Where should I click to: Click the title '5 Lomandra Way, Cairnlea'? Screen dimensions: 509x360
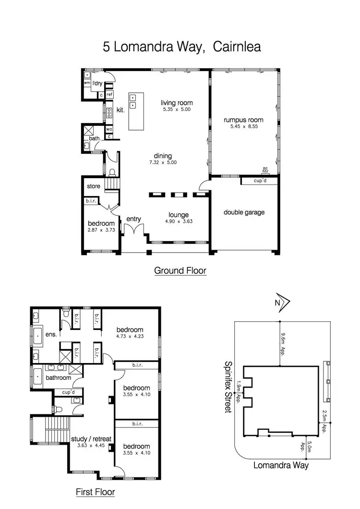(181, 47)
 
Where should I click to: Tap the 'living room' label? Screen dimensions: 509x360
(177, 103)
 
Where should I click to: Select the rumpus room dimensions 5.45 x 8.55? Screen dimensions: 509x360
(244, 127)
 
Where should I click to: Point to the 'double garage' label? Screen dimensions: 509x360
(244, 212)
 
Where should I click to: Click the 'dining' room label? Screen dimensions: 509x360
(163, 156)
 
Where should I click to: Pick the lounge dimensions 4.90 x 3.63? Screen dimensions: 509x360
(178, 222)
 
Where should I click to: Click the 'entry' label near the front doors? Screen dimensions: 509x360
(133, 219)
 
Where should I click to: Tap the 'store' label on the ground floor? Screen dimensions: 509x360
(93, 186)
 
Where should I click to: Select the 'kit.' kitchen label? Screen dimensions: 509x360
(120, 110)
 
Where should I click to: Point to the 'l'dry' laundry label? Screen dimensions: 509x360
(98, 84)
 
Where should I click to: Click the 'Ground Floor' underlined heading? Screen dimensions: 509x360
(180, 271)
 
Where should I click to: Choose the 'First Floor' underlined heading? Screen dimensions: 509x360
(96, 492)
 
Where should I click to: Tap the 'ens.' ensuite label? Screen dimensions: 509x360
(51, 334)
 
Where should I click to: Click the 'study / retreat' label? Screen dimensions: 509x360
(91, 439)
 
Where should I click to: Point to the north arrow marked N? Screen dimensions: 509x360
(282, 302)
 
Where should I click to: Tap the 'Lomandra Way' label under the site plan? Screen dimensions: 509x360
(281, 465)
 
